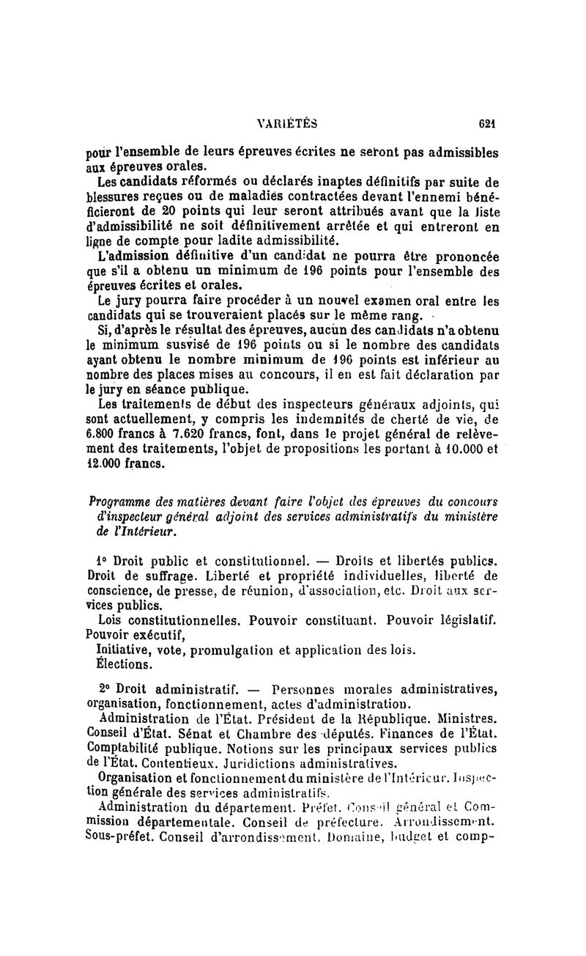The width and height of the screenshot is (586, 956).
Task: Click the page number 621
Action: click(487, 124)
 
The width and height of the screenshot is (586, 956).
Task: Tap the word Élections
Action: click(125, 665)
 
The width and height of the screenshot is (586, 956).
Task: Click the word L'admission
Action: click(133, 257)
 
